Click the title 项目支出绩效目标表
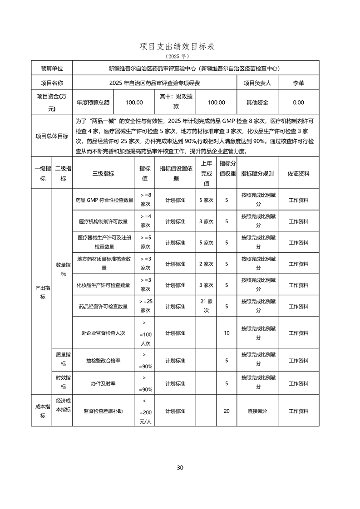180,46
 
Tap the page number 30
180,468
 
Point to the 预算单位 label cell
52,68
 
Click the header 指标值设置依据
175,173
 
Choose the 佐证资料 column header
298,173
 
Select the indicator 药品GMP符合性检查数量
104,200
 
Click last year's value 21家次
206,306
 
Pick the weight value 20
227,411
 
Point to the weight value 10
227,333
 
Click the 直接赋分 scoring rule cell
257,411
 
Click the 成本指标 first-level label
42,411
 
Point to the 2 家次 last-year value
206,264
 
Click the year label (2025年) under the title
180,56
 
